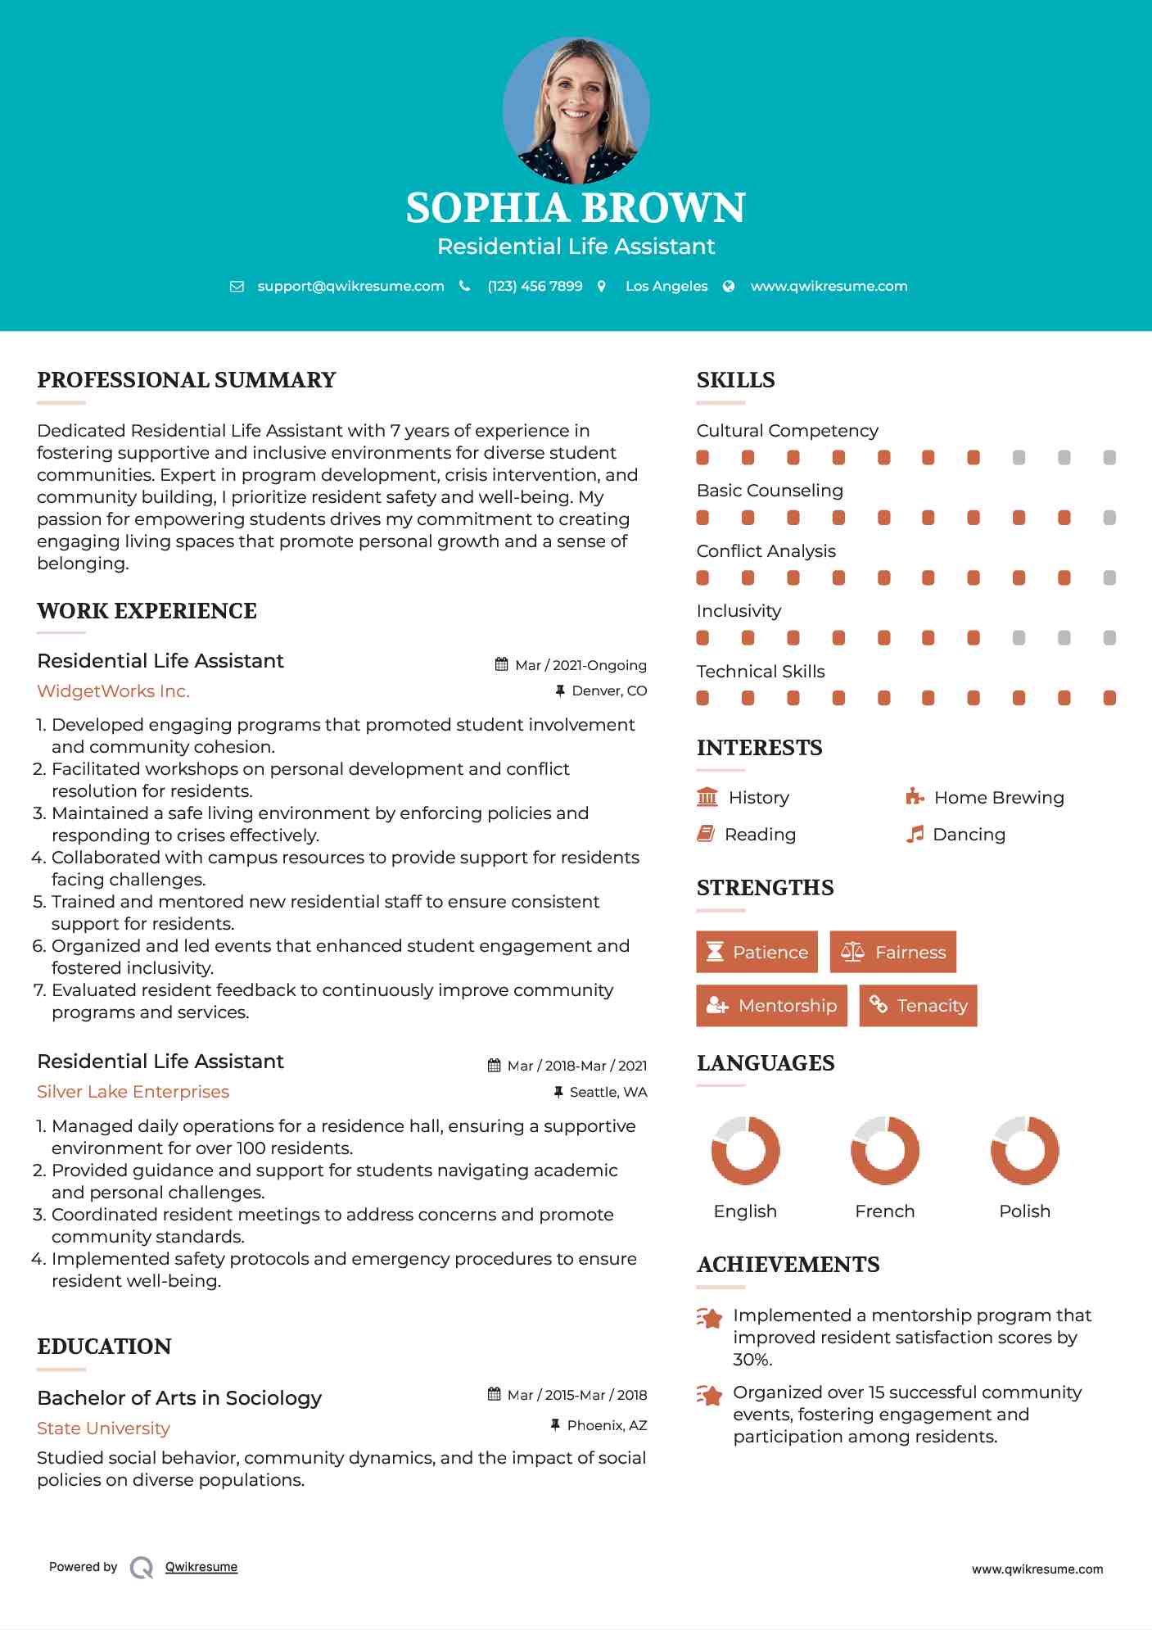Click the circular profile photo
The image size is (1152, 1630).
tap(576, 110)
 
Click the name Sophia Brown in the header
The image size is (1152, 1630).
tap(576, 208)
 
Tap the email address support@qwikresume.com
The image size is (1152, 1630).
tap(350, 286)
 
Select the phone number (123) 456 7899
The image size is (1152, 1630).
tap(535, 286)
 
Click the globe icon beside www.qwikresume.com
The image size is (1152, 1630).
tap(729, 286)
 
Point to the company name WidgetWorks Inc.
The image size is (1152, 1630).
tap(113, 691)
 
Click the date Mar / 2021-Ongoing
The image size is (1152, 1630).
tap(581, 665)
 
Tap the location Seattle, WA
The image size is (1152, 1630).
tap(608, 1092)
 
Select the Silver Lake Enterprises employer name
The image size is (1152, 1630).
tap(133, 1092)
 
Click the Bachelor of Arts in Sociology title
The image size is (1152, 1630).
tap(179, 1398)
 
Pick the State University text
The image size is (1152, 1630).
tap(103, 1429)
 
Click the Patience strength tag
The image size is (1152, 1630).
tap(757, 952)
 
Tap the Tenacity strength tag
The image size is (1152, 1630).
tap(918, 1005)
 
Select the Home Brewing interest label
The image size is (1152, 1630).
tap(999, 798)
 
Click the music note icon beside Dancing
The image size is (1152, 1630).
tap(915, 834)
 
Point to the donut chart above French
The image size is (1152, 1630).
tap(884, 1150)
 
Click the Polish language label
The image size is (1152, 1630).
tap(1024, 1211)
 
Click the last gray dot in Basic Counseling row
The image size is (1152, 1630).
tap(1109, 518)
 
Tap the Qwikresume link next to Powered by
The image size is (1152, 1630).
tap(201, 1567)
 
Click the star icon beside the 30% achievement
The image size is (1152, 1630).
tap(709, 1318)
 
